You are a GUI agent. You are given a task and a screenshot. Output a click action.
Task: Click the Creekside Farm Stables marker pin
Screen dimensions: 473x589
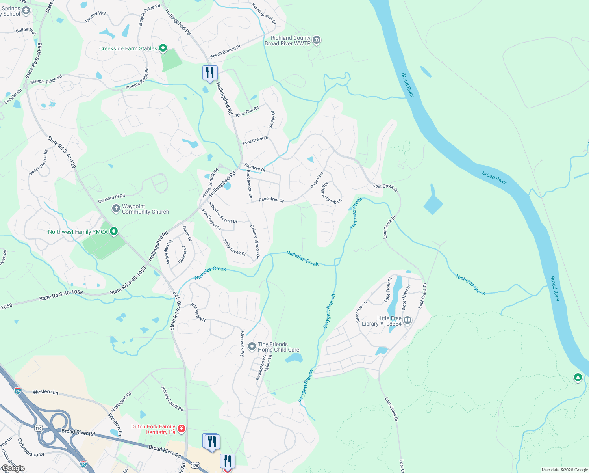tap(163, 48)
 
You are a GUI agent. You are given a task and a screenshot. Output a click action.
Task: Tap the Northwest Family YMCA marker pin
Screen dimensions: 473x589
tap(114, 231)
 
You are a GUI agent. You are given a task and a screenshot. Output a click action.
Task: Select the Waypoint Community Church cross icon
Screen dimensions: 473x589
tap(116, 209)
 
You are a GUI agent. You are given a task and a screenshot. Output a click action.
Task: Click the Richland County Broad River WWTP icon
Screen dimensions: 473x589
tap(317, 40)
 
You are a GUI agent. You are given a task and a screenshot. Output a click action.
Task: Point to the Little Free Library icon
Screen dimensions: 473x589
tap(407, 320)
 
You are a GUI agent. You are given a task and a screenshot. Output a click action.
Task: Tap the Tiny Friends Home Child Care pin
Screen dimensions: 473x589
tap(252, 347)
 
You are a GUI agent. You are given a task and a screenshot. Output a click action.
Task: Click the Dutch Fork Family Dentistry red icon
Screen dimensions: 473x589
tap(182, 428)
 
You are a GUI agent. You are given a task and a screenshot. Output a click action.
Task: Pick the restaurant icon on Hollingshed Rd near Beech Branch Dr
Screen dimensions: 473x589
tap(210, 73)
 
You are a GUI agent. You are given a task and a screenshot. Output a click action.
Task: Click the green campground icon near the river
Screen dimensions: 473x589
tap(578, 378)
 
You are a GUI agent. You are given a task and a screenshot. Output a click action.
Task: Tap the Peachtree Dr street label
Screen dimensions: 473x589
tap(271, 200)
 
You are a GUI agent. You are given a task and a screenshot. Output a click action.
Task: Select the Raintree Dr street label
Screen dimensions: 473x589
tap(255, 168)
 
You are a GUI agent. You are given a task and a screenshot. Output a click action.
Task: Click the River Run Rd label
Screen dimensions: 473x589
tap(247, 112)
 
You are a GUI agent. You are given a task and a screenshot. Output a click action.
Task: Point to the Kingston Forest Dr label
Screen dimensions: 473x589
tap(223, 213)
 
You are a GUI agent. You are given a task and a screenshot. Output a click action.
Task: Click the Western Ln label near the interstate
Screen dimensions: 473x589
tap(45, 392)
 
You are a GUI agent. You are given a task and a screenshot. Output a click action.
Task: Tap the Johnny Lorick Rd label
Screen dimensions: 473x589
tap(172, 399)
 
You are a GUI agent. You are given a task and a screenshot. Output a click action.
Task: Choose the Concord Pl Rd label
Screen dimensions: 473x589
tap(111, 198)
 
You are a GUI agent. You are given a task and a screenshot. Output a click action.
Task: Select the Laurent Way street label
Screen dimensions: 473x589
tap(96, 17)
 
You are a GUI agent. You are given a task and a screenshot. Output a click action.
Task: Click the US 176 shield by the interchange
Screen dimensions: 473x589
tap(38, 428)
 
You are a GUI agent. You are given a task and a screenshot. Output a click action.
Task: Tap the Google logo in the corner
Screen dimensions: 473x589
tap(13, 468)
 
